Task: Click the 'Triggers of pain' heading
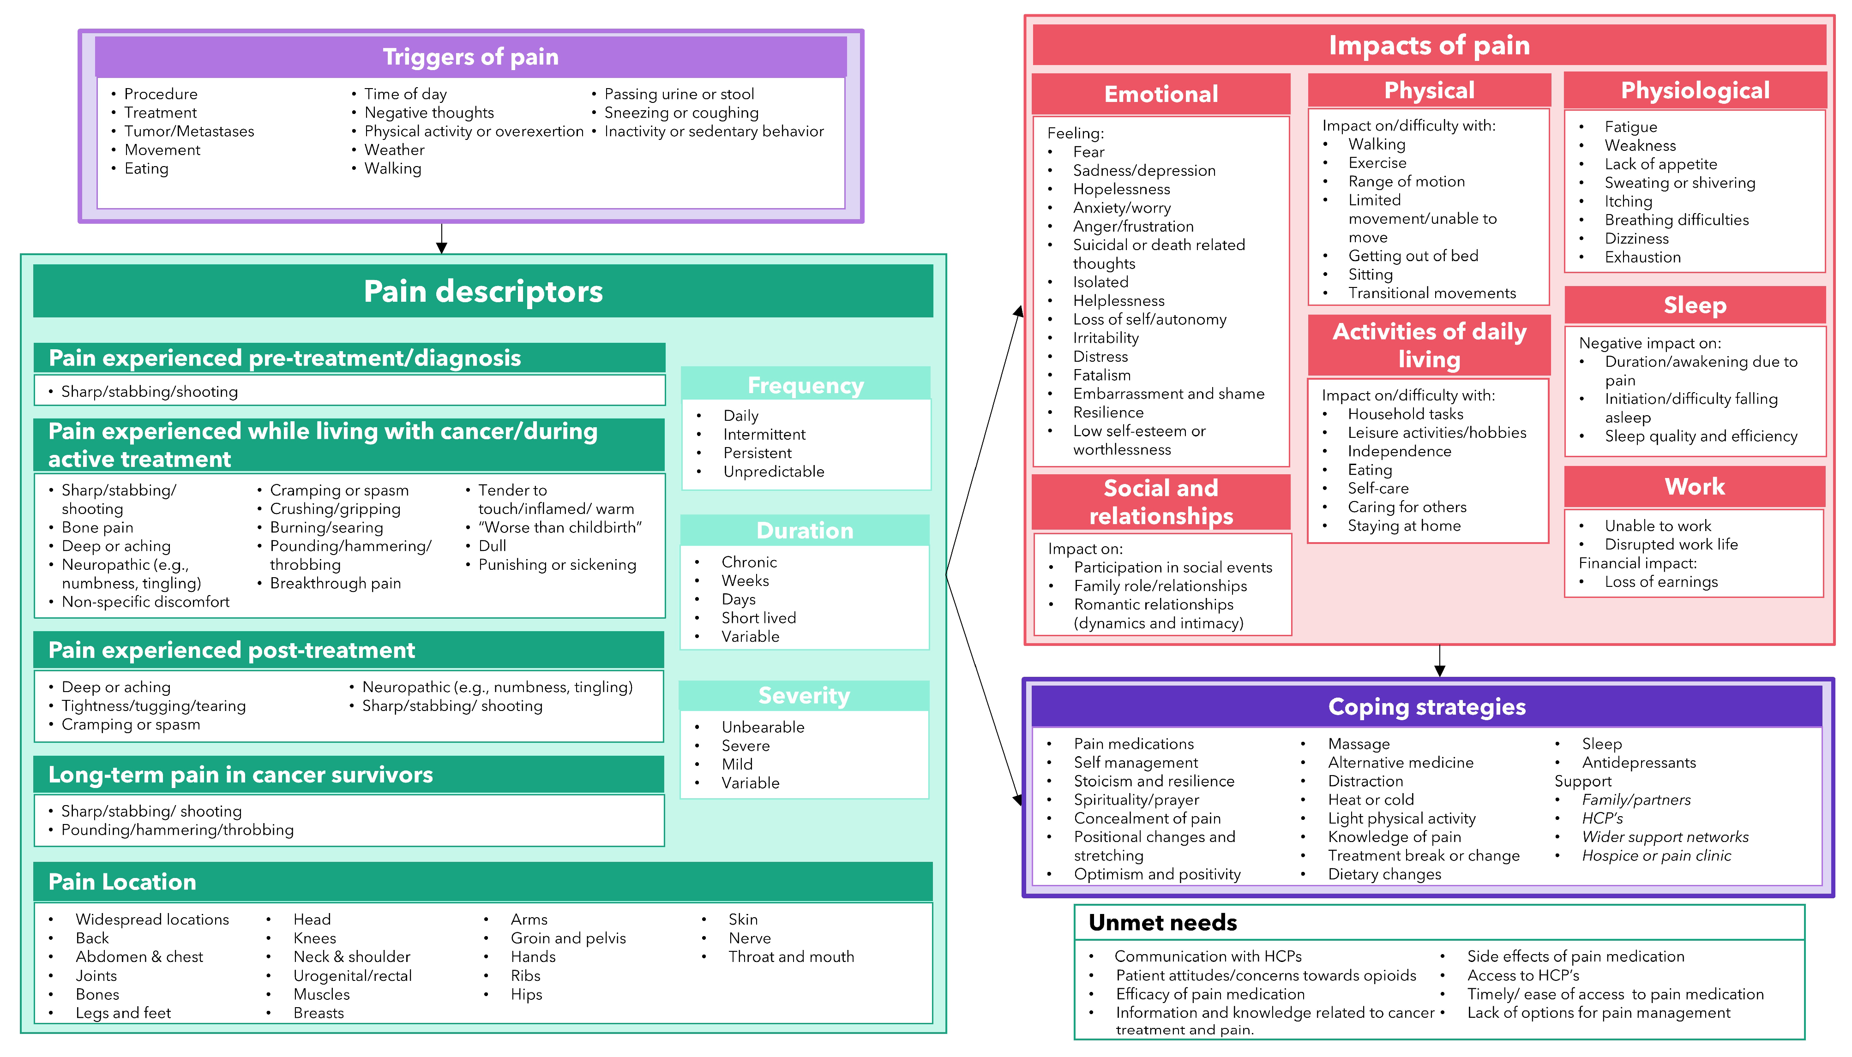[x=471, y=57]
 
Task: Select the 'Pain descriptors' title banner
[x=483, y=291]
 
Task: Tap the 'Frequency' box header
[x=806, y=385]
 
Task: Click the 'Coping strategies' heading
[x=1426, y=706]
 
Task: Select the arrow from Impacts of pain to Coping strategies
[x=1439, y=661]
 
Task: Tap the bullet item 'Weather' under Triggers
[x=394, y=149]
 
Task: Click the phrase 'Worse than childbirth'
[x=559, y=527]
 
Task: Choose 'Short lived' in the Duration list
[x=758, y=618]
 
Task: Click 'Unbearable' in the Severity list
[x=763, y=727]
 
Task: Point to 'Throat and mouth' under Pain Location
[x=791, y=957]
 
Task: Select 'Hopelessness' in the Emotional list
[x=1121, y=189]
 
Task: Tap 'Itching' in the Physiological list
[x=1628, y=201]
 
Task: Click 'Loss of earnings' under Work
[x=1661, y=581]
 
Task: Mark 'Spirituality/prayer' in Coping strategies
[x=1136, y=799]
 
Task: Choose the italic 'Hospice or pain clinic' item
[x=1656, y=855]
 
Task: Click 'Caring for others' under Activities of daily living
[x=1407, y=507]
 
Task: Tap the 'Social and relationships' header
[x=1161, y=502]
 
